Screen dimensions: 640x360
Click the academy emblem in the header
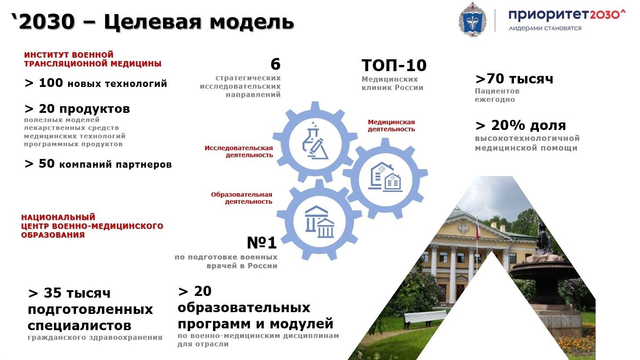pos(472,19)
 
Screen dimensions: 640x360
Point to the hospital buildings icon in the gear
pos(385,177)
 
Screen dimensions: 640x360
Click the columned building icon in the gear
pos(319,222)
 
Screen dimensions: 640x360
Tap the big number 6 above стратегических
pos(275,64)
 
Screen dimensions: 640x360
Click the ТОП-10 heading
pos(394,65)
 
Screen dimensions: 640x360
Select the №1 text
pos(262,243)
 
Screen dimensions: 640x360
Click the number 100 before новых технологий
pos(51,83)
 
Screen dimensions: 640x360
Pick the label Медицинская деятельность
pos(391,126)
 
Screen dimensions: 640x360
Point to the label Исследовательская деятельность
pos(239,151)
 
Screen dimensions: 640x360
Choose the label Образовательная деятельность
pos(242,198)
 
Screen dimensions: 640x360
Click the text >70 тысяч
pos(514,79)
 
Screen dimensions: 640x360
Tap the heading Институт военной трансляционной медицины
pos(93,59)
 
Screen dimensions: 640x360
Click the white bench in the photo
pos(425,319)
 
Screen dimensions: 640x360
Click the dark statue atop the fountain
pos(544,237)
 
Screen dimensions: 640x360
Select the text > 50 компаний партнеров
pos(98,164)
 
